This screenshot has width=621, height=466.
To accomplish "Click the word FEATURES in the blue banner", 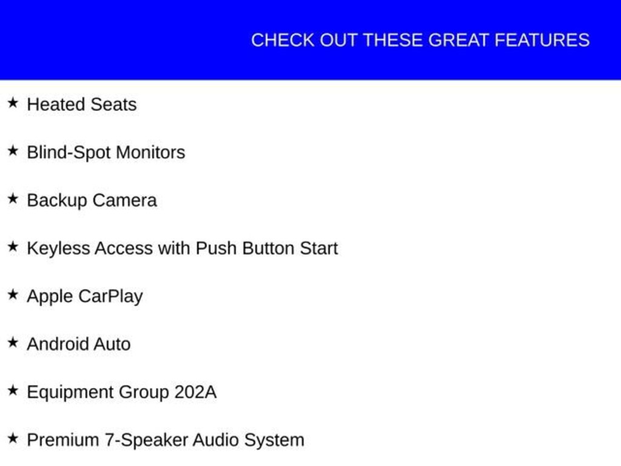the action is click(542, 40).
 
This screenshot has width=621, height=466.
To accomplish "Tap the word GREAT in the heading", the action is click(458, 40).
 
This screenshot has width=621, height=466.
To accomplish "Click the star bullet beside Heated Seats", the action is click(13, 103).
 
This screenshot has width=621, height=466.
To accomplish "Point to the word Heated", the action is click(56, 104).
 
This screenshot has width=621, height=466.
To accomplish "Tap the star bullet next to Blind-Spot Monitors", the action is click(13, 150).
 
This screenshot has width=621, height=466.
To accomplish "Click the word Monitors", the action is click(150, 152).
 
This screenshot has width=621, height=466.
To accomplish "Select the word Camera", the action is click(125, 200).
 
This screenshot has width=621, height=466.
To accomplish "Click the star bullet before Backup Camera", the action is click(13, 198).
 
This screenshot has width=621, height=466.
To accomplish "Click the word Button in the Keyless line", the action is click(268, 248).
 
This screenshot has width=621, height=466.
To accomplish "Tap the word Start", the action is click(319, 248).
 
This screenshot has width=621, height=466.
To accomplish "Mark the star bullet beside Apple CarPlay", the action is click(13, 294).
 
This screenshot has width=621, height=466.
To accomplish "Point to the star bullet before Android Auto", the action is click(13, 342).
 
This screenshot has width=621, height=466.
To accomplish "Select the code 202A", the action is click(196, 393).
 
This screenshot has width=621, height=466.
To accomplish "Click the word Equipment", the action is click(70, 393).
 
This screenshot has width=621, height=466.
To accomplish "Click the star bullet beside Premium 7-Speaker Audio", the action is click(13, 438).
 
